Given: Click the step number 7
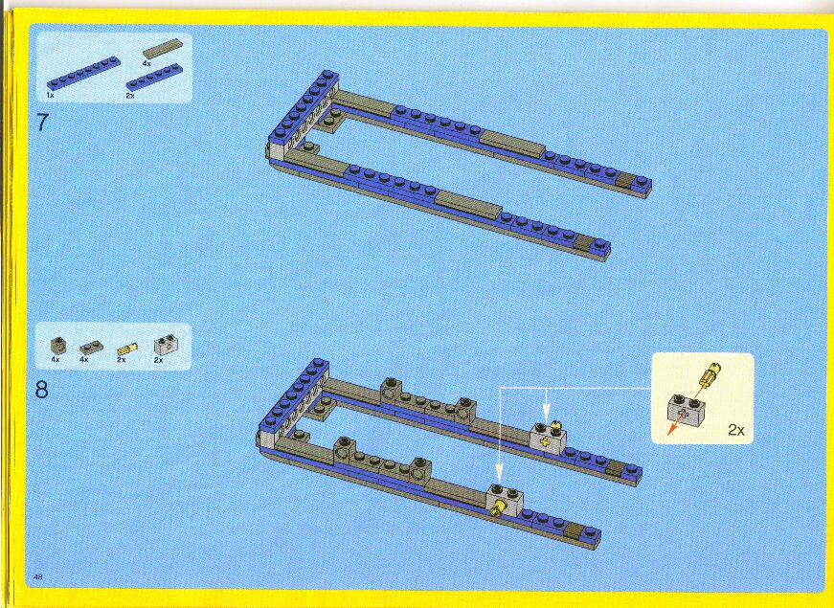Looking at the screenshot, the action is tap(42, 123).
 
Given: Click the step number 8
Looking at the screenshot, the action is tap(42, 390).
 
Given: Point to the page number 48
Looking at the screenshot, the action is tap(37, 576).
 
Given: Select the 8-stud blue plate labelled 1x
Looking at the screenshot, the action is tap(83, 73).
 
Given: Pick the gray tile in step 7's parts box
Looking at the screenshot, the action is tap(162, 48).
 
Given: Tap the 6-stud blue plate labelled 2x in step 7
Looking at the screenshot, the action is tap(154, 77).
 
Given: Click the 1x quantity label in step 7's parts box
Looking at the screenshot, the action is tap(50, 95).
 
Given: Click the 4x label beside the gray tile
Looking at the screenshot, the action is tap(147, 63).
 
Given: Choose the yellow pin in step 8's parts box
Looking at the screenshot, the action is tap(127, 349).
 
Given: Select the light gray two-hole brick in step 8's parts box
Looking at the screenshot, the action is tap(166, 345).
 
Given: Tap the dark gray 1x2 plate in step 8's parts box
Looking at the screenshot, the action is tap(92, 348).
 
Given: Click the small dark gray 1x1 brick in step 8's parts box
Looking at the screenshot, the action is tap(58, 346).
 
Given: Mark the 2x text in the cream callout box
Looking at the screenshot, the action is tap(736, 430).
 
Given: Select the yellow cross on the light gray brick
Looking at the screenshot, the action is tap(544, 442).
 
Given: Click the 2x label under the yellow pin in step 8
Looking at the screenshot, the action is tap(122, 360).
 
